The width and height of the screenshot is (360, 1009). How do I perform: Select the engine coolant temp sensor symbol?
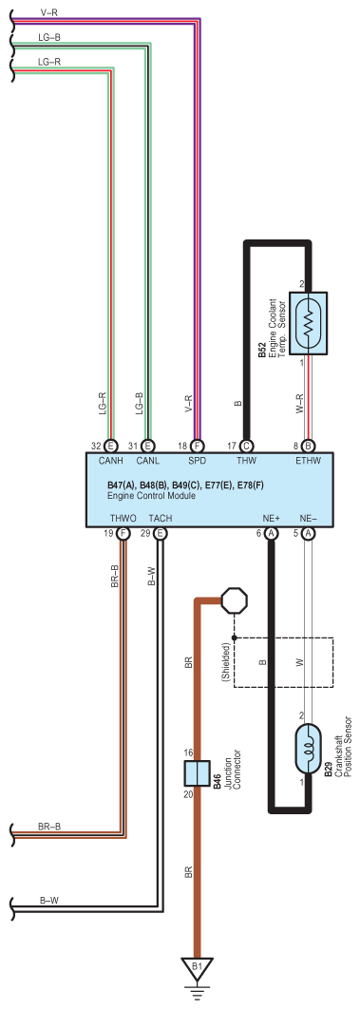pos(308,323)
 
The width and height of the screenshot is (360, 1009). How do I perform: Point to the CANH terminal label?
pos(109,461)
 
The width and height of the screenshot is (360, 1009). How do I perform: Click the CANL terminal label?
pos(147,461)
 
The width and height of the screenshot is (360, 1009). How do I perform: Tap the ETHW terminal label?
pos(308,461)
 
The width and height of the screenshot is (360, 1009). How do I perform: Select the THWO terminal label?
pos(123,518)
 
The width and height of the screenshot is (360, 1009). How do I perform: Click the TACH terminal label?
pos(161,518)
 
